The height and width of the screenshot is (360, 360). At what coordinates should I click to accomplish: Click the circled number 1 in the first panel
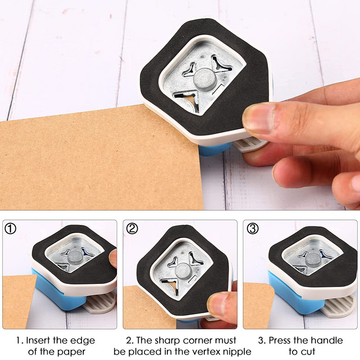(x=10, y=229)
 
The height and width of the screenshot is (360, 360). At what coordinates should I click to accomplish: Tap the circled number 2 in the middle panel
(x=132, y=229)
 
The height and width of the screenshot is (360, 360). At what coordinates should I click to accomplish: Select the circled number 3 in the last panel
(x=252, y=229)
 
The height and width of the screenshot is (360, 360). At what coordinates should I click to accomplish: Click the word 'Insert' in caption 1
(x=38, y=340)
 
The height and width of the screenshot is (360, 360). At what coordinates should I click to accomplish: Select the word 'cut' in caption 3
(x=308, y=352)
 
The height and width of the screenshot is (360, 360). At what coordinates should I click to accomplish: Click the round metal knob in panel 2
(x=183, y=271)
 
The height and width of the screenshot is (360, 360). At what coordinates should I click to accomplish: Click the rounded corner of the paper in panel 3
(x=270, y=288)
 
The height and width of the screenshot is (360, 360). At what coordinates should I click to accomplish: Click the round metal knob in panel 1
(x=75, y=257)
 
